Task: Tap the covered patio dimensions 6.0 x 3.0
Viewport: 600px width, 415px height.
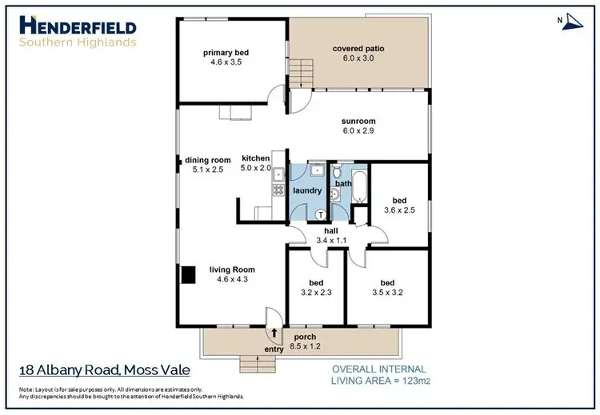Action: point(358,61)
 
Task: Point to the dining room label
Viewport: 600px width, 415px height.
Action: point(208,160)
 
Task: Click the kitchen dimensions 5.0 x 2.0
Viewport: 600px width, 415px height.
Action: point(257,170)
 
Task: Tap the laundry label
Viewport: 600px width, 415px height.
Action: point(306,190)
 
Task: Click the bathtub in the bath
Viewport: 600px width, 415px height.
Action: point(358,186)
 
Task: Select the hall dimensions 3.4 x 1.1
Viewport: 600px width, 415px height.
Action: point(330,240)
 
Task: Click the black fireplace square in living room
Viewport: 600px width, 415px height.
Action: point(188,274)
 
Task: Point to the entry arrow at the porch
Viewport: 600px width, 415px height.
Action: point(275,333)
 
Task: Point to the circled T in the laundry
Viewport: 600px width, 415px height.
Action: point(321,213)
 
